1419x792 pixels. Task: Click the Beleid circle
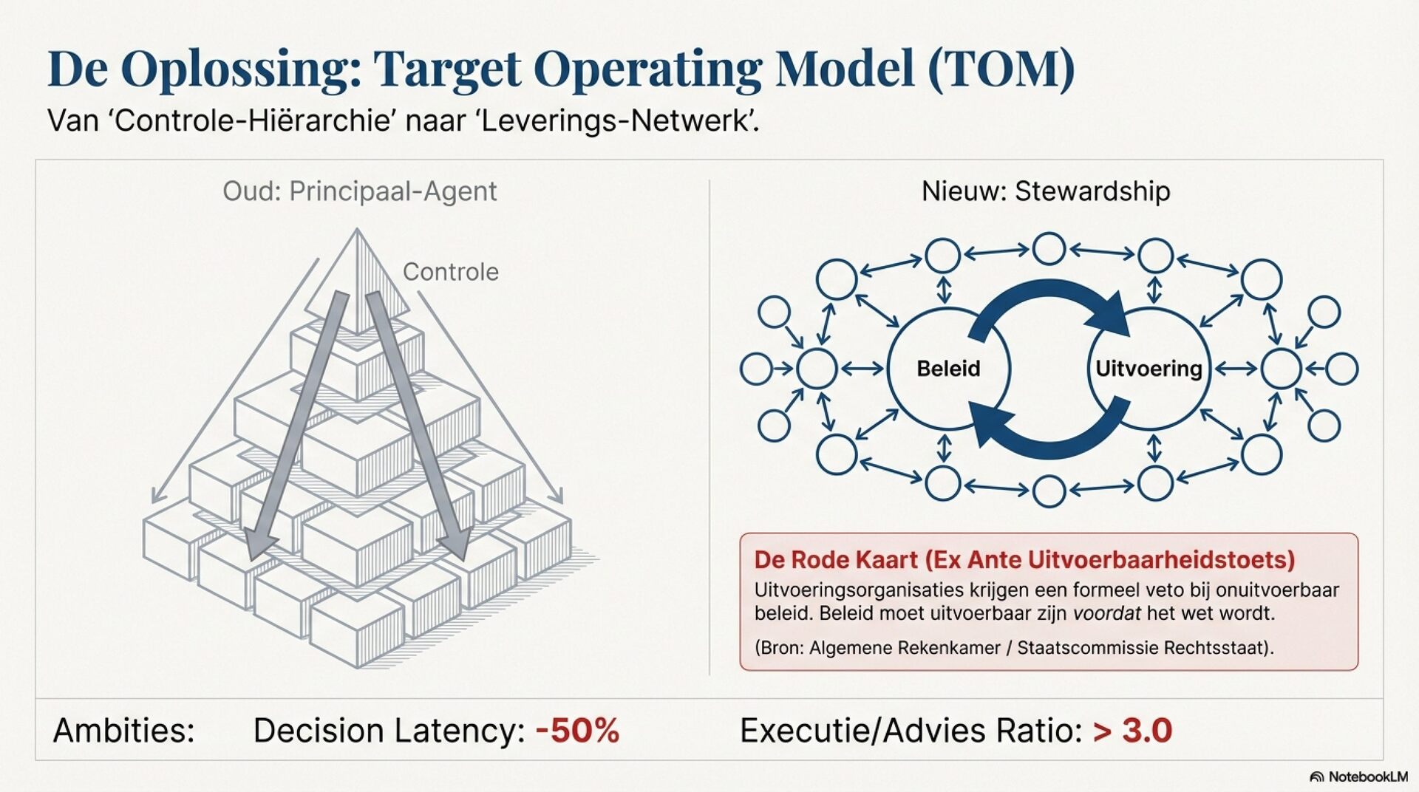pyautogui.click(x=948, y=369)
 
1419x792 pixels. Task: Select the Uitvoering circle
pyautogui.click(x=1149, y=369)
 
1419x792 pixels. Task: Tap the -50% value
pyautogui.click(x=577, y=731)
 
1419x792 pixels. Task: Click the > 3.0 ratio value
pyautogui.click(x=1132, y=731)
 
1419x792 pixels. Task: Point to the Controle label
pyautogui.click(x=450, y=272)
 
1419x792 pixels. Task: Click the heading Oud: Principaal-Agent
pyautogui.click(x=359, y=191)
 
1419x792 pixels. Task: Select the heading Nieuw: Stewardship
pyautogui.click(x=1045, y=191)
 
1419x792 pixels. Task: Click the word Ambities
pyautogui.click(x=123, y=731)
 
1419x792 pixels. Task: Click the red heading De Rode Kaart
pyautogui.click(x=835, y=560)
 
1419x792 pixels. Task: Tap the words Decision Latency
pyautogui.click(x=389, y=731)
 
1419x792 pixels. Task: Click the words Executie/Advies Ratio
pyautogui.click(x=911, y=731)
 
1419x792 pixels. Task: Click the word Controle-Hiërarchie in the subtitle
pyautogui.click(x=251, y=120)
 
